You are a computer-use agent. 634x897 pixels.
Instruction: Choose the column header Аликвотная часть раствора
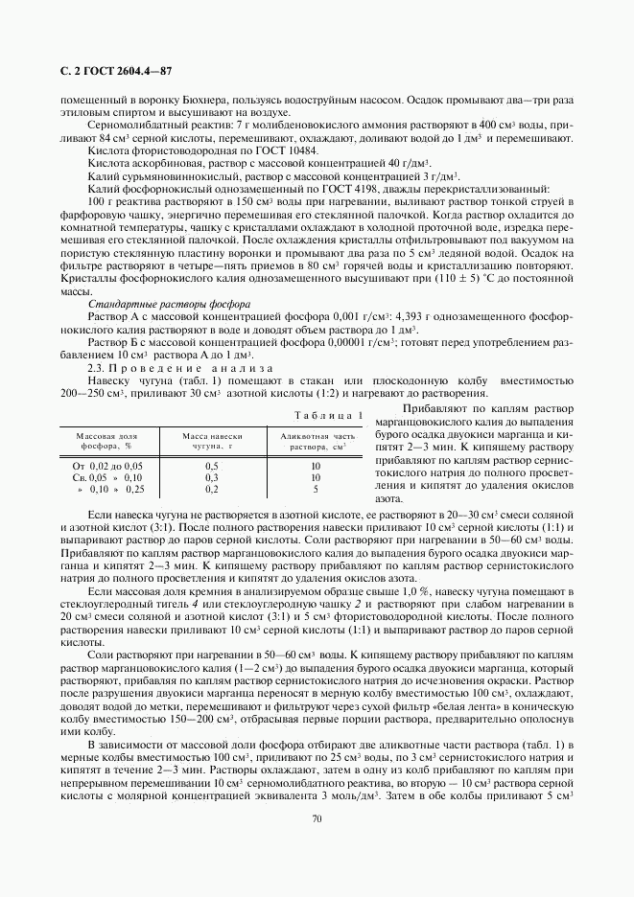[x=315, y=441]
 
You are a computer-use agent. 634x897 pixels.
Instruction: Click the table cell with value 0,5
[x=211, y=466]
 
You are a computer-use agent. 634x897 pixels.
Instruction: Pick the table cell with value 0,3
[x=211, y=477]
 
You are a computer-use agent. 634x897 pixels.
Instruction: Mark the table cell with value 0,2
[x=211, y=489]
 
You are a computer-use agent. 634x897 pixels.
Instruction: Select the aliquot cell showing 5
[x=315, y=489]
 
